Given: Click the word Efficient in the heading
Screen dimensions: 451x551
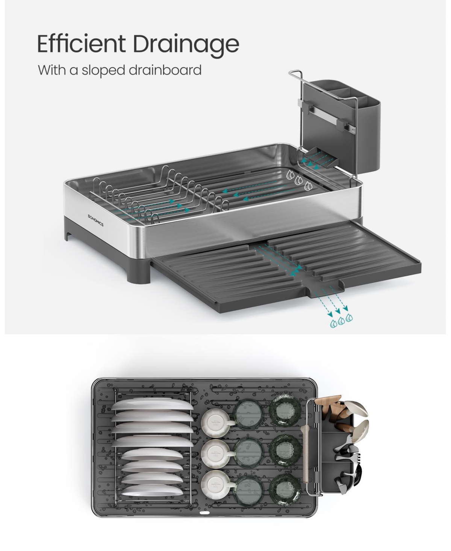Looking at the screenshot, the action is pyautogui.click(x=81, y=43).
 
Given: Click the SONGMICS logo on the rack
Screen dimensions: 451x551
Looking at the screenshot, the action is pyautogui.click(x=95, y=220).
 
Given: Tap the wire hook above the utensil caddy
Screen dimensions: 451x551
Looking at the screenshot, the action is pyautogui.click(x=296, y=74).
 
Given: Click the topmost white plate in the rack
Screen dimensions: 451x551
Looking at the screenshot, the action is pyautogui.click(x=153, y=404).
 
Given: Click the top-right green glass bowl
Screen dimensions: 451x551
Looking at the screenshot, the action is pyautogui.click(x=285, y=410).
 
